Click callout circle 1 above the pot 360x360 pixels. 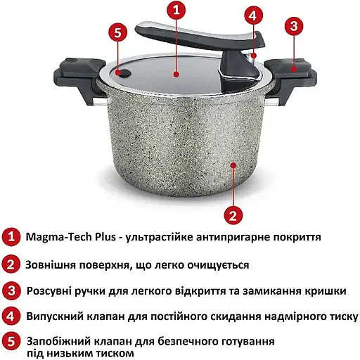tap(176, 11)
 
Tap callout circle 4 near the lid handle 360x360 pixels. tap(253, 15)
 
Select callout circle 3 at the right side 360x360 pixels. tap(294, 26)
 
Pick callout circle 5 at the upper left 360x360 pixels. tap(118, 32)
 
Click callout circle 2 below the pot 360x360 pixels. tap(233, 215)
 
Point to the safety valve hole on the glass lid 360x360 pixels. tap(123, 73)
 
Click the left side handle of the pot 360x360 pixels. tap(79, 79)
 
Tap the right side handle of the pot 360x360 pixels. tap(290, 79)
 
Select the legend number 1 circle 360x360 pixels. tap(11, 237)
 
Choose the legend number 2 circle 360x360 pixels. tap(11, 264)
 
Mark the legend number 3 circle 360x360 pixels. tap(11, 291)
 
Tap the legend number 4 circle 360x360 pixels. tap(11, 316)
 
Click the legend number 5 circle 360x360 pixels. tap(11, 342)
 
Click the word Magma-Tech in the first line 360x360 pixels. tap(58, 238)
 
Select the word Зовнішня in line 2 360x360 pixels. tap(50, 265)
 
